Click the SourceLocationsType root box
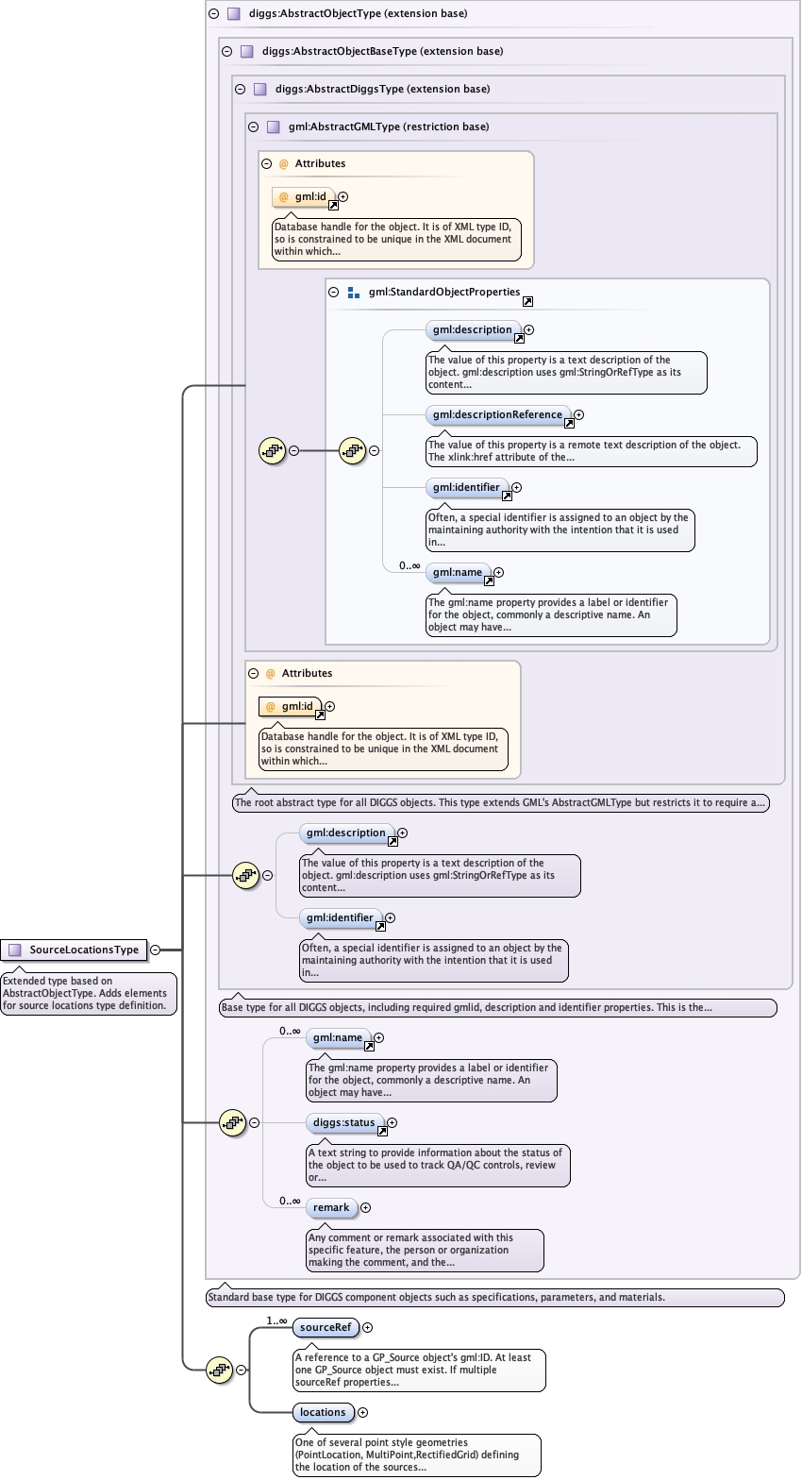75,950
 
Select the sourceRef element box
326,1328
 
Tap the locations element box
324,1413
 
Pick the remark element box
331,1208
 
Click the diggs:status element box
344,1123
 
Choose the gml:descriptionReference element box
497,415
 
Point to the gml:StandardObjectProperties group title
444,293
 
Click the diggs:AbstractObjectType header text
358,14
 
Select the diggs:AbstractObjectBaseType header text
382,52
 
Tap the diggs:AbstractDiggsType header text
382,90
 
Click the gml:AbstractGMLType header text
389,127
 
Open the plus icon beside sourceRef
368,1328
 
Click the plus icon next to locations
363,1413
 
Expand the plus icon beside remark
366,1208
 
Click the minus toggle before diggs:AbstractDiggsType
240,90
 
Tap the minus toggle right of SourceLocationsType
155,950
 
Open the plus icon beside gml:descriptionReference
579,415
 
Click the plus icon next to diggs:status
393,1123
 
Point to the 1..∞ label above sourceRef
276,1320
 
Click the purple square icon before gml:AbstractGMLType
274,127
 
